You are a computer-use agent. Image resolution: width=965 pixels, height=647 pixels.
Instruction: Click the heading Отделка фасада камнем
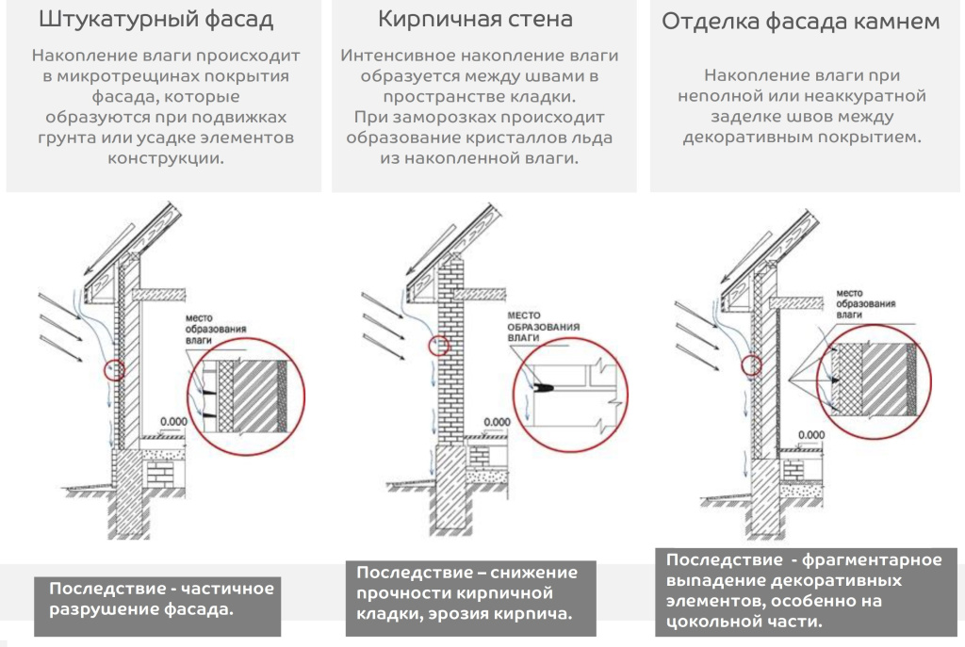click(x=800, y=22)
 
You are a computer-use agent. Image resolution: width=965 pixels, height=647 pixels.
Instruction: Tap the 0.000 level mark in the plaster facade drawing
click(x=172, y=421)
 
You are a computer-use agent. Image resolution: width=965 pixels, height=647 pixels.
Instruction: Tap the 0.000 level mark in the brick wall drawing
click(x=498, y=421)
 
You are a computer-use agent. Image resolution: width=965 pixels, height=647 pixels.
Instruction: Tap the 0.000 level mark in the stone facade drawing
click(x=811, y=433)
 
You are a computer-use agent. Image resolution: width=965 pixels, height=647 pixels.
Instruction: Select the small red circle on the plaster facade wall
click(x=115, y=369)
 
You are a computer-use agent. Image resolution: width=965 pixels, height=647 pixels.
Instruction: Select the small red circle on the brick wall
click(x=438, y=346)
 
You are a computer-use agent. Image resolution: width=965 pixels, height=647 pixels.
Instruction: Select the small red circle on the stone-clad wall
click(x=751, y=364)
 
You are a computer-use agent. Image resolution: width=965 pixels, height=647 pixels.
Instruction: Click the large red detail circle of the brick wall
click(x=571, y=386)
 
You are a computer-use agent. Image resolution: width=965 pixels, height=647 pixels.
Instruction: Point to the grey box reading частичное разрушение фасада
click(x=161, y=599)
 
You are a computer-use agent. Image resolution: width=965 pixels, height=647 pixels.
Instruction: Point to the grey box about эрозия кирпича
click(x=466, y=594)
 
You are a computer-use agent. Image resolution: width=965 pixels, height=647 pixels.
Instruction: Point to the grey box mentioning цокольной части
click(x=798, y=590)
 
